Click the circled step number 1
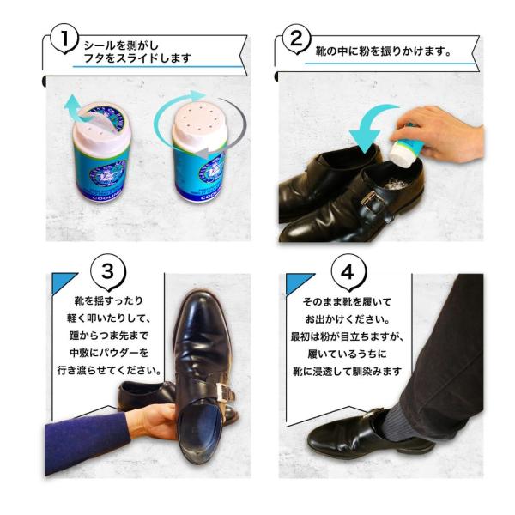coord(64,39)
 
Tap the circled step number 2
coord(296,39)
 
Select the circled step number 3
coord(108,271)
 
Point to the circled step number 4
coord(348,272)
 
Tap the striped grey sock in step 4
coord(397,424)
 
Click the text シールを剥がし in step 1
coord(121,45)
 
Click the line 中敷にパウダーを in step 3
coord(109,353)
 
